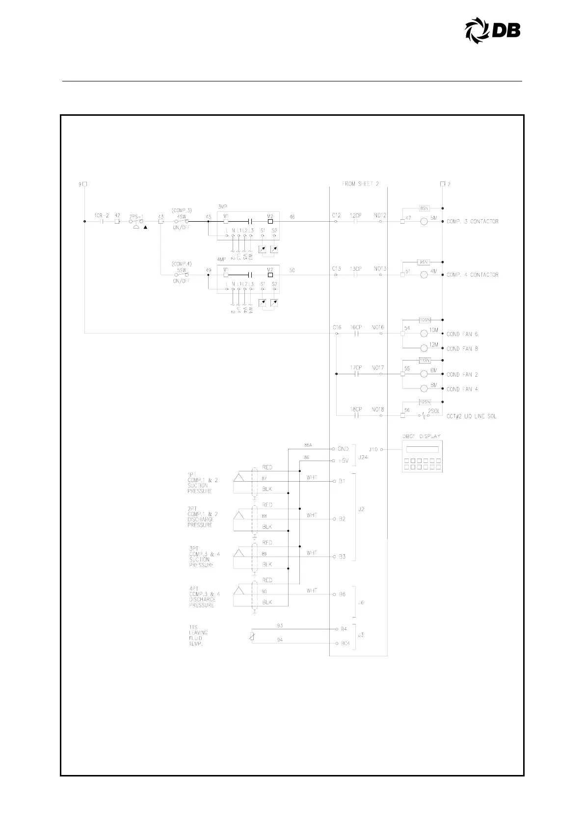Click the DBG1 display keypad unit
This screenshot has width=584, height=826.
[x=422, y=456]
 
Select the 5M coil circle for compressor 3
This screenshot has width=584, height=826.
[x=424, y=222]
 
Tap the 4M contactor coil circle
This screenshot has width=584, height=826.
[x=424, y=275]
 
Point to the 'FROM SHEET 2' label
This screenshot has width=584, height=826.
[x=360, y=184]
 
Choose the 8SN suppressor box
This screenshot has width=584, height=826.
[x=425, y=208]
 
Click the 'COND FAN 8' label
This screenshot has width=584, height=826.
[x=462, y=349]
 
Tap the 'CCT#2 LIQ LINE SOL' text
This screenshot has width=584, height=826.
[x=471, y=416]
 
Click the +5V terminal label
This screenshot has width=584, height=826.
[x=343, y=461]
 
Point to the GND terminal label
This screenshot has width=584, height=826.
[x=343, y=449]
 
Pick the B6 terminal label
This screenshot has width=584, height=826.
[x=342, y=594]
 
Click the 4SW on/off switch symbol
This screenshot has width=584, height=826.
[x=182, y=222]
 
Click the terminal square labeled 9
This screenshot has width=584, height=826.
[x=85, y=184]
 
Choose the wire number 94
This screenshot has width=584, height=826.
[x=280, y=640]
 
